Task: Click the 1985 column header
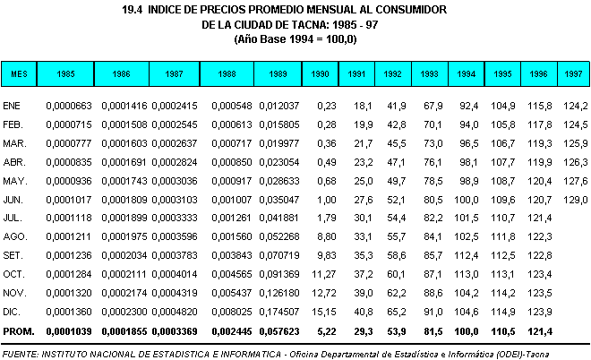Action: point(65,73)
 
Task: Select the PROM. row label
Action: point(19,331)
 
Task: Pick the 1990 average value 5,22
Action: point(326,331)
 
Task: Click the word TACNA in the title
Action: point(308,25)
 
